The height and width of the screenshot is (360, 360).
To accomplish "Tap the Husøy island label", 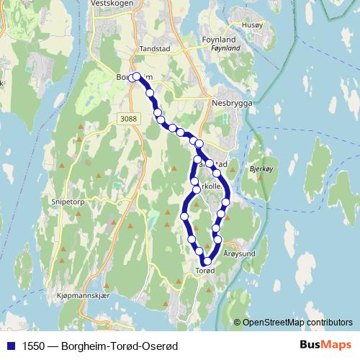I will tap(254, 24).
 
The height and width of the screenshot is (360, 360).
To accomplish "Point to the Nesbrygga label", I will tap(230, 102).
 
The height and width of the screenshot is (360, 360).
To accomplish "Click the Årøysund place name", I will tap(240, 253).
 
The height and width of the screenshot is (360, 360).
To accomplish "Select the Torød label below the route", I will tap(205, 271).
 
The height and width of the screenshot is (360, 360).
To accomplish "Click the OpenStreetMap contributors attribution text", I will tap(297, 323).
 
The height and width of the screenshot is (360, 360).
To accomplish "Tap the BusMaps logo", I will tap(325, 345).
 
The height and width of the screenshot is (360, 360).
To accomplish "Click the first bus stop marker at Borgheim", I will tap(135, 76).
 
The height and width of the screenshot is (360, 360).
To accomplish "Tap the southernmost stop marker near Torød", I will tap(207, 261).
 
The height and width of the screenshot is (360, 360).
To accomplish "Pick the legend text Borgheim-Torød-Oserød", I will tap(120, 346).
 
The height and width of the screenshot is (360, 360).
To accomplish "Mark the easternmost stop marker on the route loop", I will tap(226, 202).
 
